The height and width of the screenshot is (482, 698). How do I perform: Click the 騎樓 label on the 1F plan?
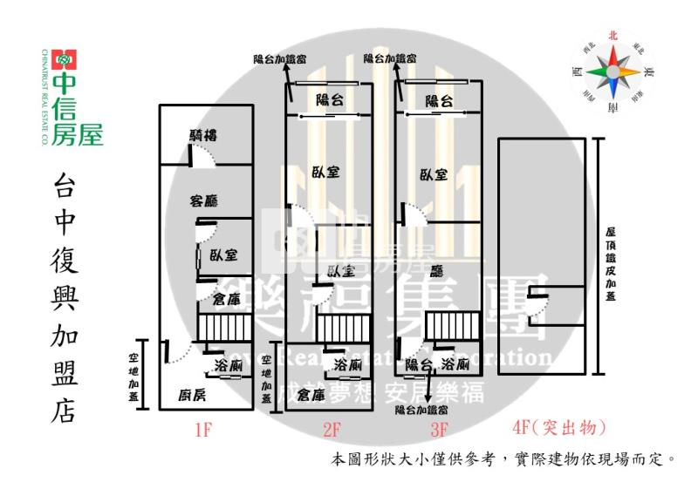tap(203, 135)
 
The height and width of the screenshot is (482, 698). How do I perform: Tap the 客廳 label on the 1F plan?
tap(203, 200)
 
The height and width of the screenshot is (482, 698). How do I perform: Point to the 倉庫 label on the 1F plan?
tap(226, 300)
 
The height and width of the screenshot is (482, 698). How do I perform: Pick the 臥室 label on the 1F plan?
tap(223, 255)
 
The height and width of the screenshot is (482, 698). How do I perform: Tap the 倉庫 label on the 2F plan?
tap(311, 395)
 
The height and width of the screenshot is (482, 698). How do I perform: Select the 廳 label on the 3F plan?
tap(437, 271)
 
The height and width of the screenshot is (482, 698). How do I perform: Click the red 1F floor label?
tap(202, 429)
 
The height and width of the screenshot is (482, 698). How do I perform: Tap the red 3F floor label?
tap(438, 429)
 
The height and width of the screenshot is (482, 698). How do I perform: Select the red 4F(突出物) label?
tap(558, 428)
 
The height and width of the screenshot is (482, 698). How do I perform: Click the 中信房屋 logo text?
tap(77, 108)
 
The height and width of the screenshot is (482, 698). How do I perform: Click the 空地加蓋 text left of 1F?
tap(134, 375)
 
